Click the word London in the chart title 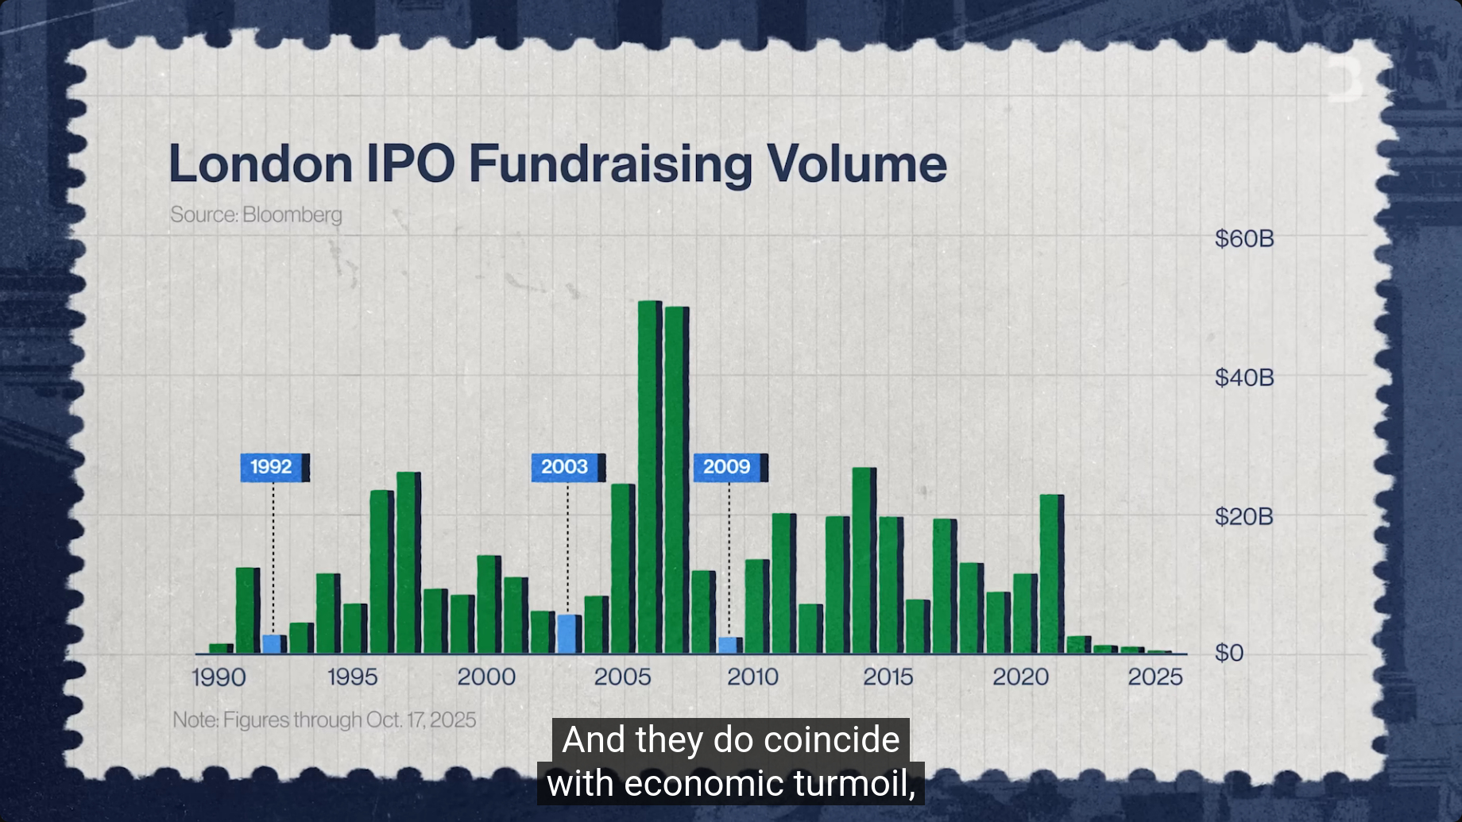click(x=260, y=164)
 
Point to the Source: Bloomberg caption click(x=256, y=214)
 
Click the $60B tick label click(x=1244, y=238)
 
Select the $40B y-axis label click(x=1244, y=377)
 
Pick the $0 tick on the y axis click(x=1229, y=653)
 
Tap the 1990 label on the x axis click(x=219, y=677)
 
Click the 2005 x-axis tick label click(x=622, y=677)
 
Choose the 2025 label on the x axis click(x=1155, y=677)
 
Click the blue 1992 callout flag click(x=273, y=467)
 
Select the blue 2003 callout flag click(x=565, y=467)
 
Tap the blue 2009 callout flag click(x=728, y=467)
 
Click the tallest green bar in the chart click(x=648, y=477)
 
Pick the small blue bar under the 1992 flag click(x=273, y=644)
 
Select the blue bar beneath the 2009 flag click(x=728, y=645)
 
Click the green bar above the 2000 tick click(x=487, y=604)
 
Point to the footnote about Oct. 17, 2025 click(x=324, y=720)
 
